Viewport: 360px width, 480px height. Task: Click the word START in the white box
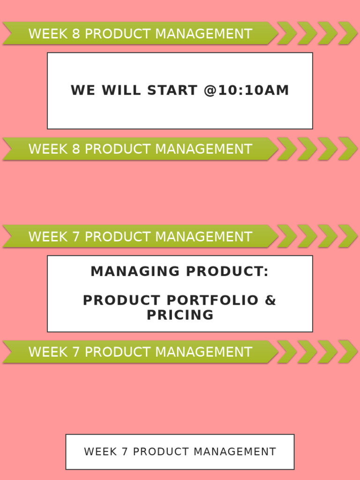tap(172, 90)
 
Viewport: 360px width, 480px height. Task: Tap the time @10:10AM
tap(246, 90)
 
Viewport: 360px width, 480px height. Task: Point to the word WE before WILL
tap(83, 90)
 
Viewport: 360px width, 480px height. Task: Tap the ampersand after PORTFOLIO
tap(270, 300)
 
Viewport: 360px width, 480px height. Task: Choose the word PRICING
tap(180, 315)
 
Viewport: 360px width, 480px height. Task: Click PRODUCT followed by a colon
tap(227, 271)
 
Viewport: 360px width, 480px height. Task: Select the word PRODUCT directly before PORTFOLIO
tap(121, 300)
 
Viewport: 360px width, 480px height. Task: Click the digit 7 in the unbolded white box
tap(125, 452)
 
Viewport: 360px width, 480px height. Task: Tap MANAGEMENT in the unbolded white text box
tap(235, 452)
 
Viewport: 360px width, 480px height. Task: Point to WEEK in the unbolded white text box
tap(100, 452)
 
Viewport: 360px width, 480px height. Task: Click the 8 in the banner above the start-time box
tap(76, 34)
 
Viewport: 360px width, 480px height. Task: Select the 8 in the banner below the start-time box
tap(76, 149)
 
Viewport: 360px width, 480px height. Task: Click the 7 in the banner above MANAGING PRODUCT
tap(76, 237)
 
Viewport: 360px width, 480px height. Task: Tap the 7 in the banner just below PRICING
tap(76, 352)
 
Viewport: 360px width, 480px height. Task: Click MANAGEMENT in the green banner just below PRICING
tap(204, 352)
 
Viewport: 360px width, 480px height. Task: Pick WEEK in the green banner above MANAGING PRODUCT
tap(48, 237)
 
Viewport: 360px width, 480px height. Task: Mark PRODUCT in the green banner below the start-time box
tap(118, 149)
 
